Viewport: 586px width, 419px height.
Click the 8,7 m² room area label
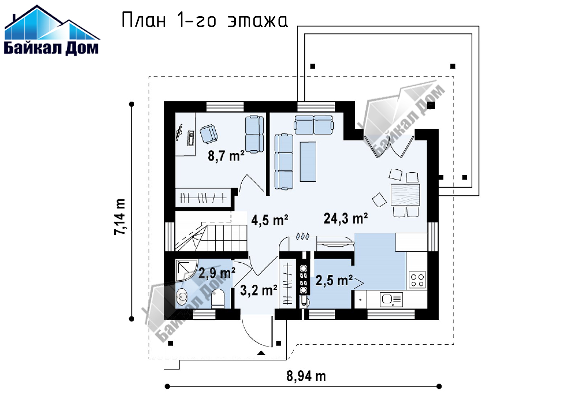click(x=226, y=156)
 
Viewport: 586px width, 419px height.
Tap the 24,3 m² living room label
click(x=346, y=218)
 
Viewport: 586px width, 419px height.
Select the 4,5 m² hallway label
click(x=269, y=220)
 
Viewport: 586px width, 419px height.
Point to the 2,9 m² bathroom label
click(x=217, y=273)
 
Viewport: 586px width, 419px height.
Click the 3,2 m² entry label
click(x=259, y=290)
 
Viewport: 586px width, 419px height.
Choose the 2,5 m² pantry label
click(x=334, y=280)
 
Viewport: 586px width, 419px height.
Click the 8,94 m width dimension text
click(x=306, y=376)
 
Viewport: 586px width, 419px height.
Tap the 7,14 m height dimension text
click(x=120, y=217)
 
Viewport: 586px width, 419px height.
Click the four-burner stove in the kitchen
click(x=417, y=280)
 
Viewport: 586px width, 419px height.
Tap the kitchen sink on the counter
click(x=391, y=299)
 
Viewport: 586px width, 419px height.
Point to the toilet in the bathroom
click(x=218, y=298)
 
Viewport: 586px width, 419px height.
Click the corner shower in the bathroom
click(x=187, y=270)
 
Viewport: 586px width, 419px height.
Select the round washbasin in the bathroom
click(x=181, y=297)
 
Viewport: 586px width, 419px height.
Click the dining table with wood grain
click(x=405, y=195)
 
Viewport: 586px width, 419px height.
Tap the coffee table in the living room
click(x=308, y=161)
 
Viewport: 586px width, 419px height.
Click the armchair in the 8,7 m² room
click(x=209, y=134)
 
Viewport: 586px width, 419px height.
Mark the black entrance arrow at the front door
click(x=261, y=353)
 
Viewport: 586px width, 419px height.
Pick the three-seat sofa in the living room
click(x=284, y=161)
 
